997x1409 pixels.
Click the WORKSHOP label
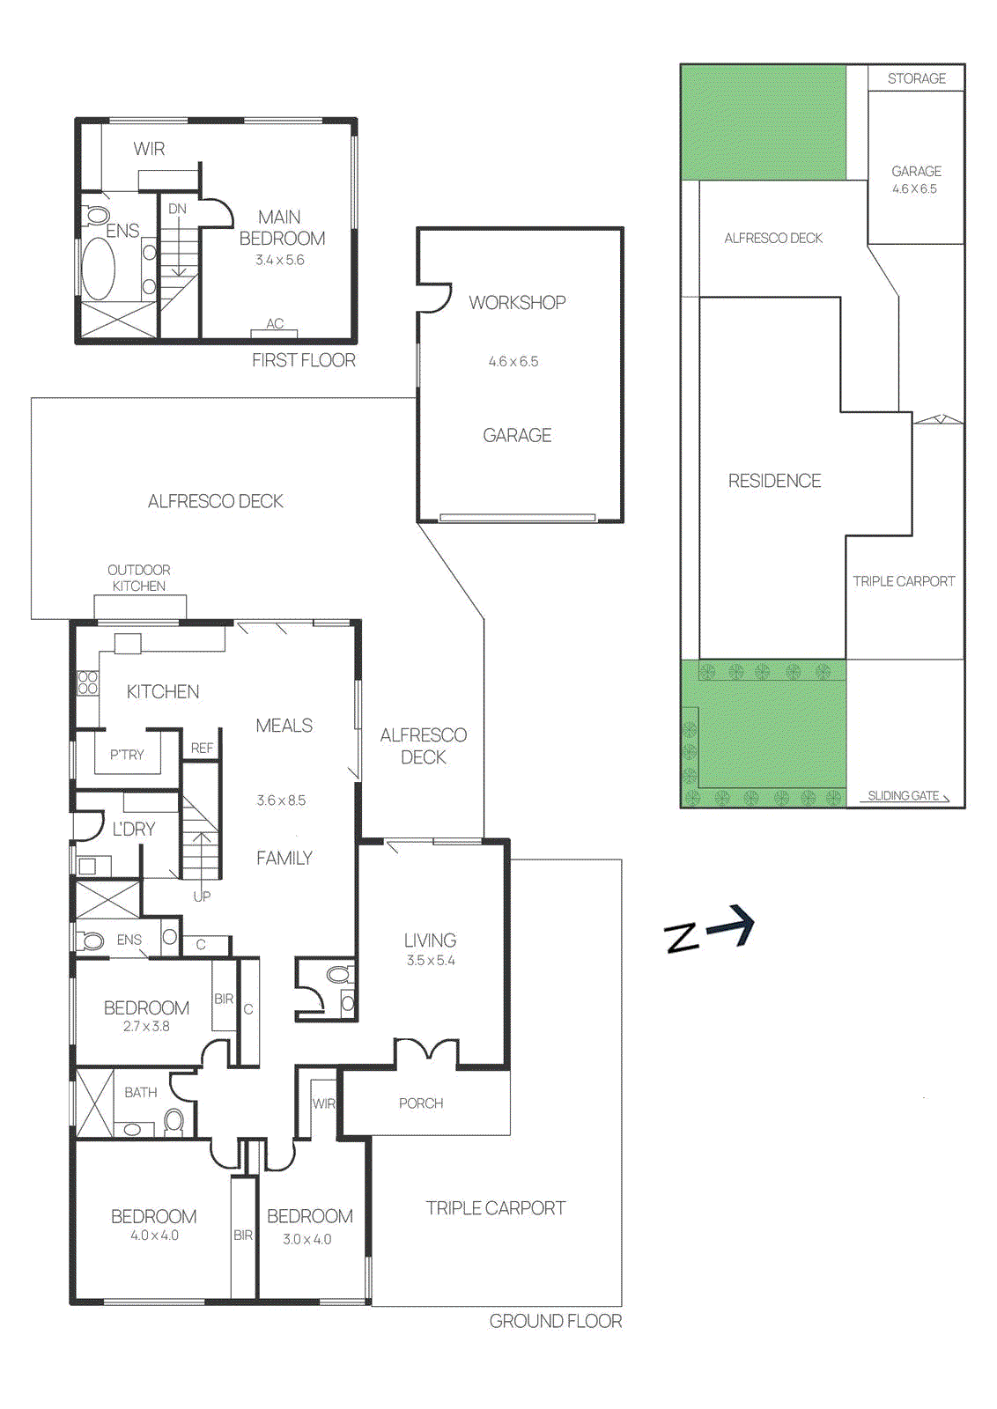click(x=517, y=302)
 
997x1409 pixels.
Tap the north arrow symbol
click(x=710, y=931)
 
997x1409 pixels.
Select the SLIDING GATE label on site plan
click(x=904, y=795)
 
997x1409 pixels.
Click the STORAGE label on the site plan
click(x=916, y=78)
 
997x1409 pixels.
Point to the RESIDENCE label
click(x=774, y=481)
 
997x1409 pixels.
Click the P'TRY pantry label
click(x=127, y=755)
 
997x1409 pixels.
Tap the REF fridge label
click(x=202, y=748)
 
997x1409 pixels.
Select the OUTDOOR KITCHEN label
click(x=139, y=578)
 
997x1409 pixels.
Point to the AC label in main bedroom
click(x=275, y=324)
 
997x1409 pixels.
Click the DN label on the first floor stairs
click(x=177, y=209)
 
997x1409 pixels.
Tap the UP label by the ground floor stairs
click(x=202, y=896)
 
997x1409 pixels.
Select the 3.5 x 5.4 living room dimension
click(x=431, y=961)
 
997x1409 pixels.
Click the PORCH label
click(x=421, y=1103)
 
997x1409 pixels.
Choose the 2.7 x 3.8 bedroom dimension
click(x=146, y=1026)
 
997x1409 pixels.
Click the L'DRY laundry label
click(x=134, y=829)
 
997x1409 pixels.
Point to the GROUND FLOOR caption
click(x=555, y=1321)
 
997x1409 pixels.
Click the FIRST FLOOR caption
click(x=304, y=360)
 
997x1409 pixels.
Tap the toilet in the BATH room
click(x=174, y=1121)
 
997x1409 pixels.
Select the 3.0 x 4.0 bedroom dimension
click(x=307, y=1239)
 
